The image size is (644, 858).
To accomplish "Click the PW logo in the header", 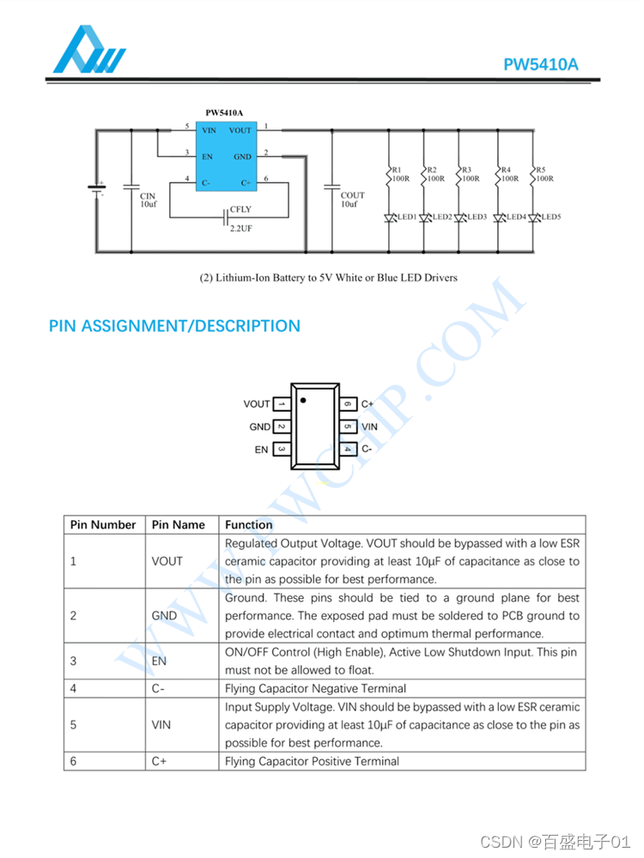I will [x=89, y=51].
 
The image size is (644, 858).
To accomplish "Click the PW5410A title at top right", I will [x=541, y=64].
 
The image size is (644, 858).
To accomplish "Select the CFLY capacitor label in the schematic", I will [x=240, y=209].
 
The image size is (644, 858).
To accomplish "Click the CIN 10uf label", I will [x=149, y=201].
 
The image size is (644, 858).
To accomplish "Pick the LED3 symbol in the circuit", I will [x=460, y=218].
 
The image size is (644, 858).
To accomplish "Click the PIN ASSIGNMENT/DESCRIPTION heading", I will [x=174, y=326].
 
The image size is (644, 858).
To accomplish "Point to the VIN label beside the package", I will [x=369, y=426].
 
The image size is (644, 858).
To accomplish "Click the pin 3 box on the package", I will [x=282, y=449].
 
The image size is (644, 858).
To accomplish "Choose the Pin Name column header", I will [x=179, y=524].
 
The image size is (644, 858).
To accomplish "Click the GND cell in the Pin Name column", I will [x=164, y=615].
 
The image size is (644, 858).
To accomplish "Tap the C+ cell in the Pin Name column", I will [x=159, y=761].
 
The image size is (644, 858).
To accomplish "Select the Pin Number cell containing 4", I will [x=74, y=688].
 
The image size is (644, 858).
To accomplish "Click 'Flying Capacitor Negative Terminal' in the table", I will [x=315, y=688].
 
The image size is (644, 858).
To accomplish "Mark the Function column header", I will [x=249, y=524].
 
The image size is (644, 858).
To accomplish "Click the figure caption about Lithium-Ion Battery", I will [x=329, y=278].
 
